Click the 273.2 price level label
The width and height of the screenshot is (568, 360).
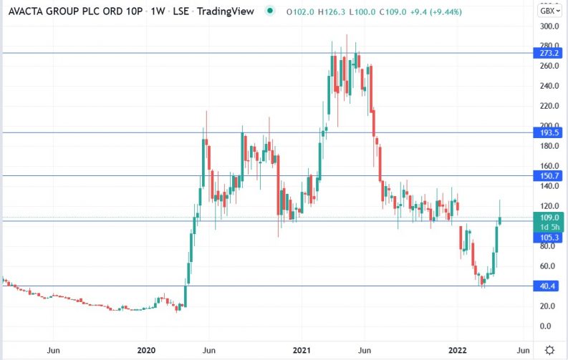coord(549,53)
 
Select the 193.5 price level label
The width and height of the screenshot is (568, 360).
coord(549,132)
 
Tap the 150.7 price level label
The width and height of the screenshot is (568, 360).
coord(549,176)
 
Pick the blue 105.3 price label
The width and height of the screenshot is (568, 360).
coord(549,238)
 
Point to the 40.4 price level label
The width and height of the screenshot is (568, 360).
coord(549,286)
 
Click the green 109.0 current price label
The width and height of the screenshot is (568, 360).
coord(549,218)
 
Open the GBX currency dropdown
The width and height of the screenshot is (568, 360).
coord(550,11)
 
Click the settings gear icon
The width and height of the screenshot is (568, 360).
coord(549,350)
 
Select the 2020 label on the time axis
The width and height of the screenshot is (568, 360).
coord(146,350)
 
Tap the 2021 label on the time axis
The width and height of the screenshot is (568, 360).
coord(302,350)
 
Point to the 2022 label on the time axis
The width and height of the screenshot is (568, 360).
coord(457,350)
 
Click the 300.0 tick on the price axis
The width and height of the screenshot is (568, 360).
coord(549,26)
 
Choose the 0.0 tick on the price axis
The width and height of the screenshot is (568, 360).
coord(545,326)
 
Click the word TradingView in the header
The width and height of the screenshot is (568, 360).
coord(226,11)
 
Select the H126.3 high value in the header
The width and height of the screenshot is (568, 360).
coord(332,12)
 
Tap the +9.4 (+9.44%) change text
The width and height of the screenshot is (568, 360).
coord(435,12)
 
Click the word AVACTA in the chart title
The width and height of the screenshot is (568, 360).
coord(26,11)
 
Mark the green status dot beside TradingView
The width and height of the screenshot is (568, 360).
coord(269,11)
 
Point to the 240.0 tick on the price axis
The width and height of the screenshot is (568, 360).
coord(549,86)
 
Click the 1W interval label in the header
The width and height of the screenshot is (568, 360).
coord(158,11)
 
